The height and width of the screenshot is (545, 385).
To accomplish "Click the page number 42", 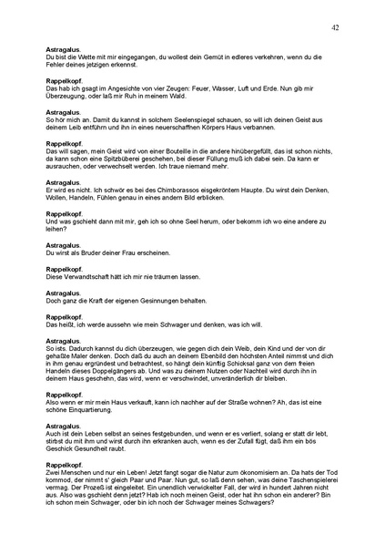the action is coord(336,28).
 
